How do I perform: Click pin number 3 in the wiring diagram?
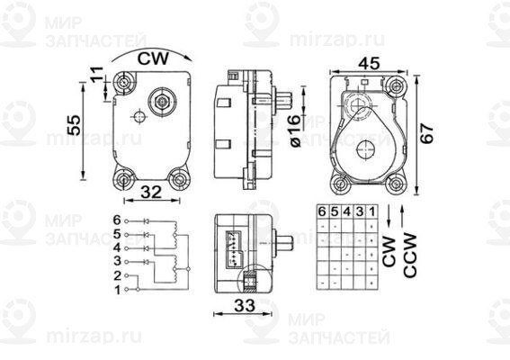click(x=117, y=261)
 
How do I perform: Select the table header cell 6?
click(x=321, y=211)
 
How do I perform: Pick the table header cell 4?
click(x=346, y=211)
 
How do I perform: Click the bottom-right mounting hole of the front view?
click(x=182, y=180)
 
